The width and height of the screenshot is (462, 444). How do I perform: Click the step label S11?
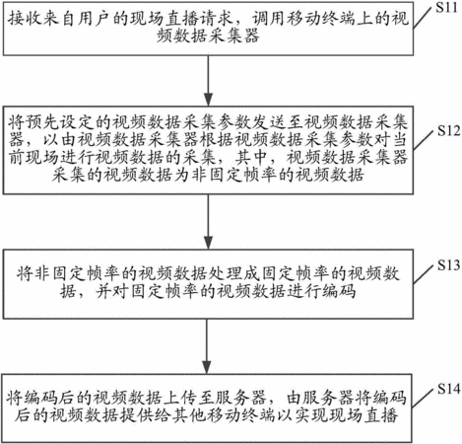[x=446, y=7]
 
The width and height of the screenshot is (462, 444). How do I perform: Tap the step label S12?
[x=449, y=131]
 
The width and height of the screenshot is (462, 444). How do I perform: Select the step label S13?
[x=449, y=265]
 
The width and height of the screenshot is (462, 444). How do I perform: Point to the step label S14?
[x=449, y=390]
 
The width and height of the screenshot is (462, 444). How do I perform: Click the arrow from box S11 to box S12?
[x=208, y=81]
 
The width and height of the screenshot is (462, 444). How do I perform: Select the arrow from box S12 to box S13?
[x=208, y=222]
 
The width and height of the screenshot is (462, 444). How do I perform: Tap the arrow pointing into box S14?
[x=207, y=346]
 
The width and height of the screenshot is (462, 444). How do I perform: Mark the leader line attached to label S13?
[x=424, y=274]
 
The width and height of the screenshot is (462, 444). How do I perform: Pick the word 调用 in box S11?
[x=268, y=19]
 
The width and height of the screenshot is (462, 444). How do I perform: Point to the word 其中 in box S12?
[x=251, y=158]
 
